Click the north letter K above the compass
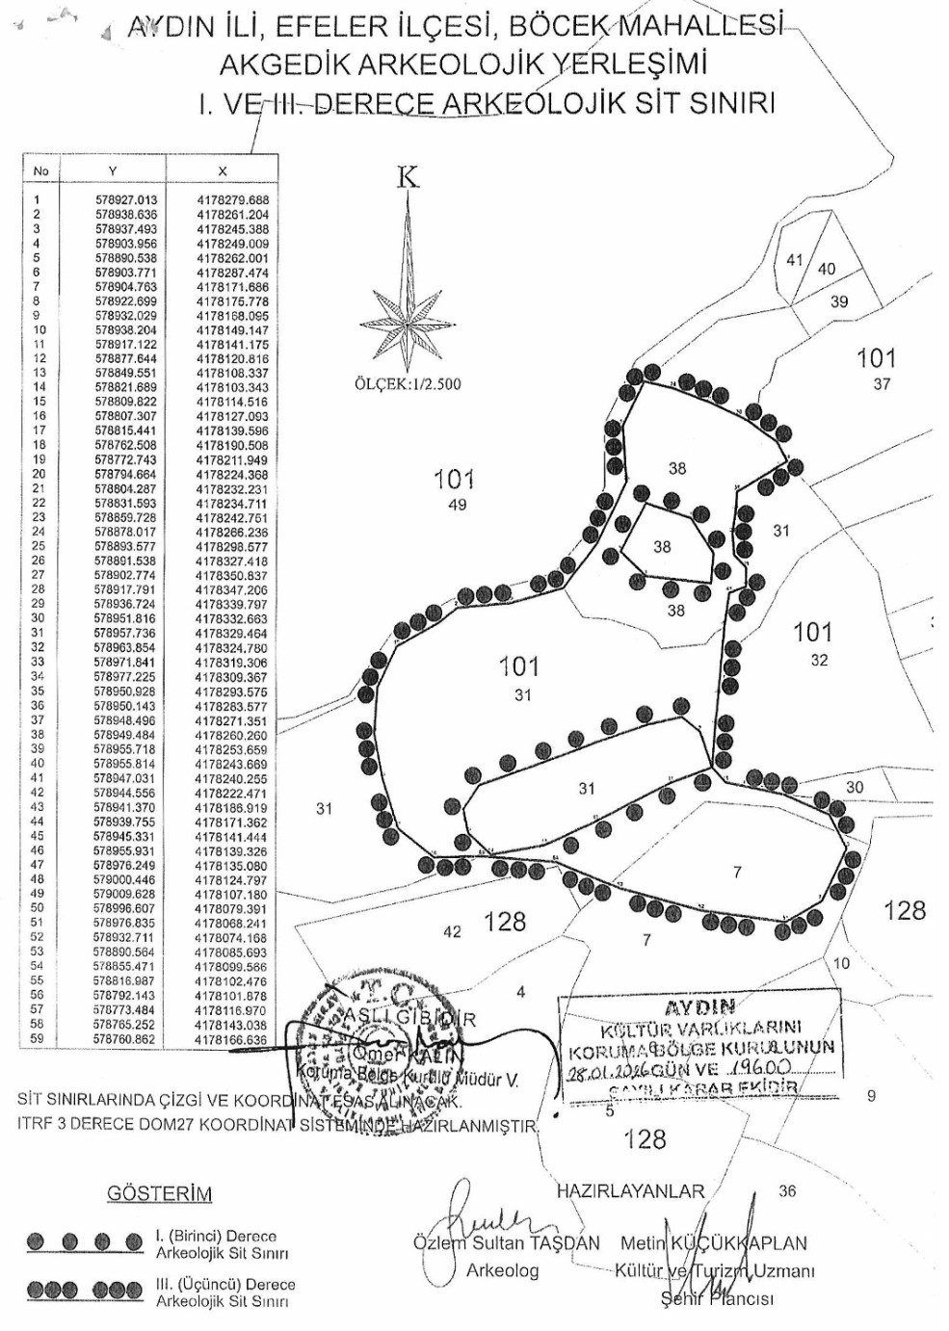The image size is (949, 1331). coord(409,177)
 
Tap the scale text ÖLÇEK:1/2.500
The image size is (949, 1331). coord(408,384)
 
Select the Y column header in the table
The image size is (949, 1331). coord(113,170)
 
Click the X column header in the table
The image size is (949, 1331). coord(223,170)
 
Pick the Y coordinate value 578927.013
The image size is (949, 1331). coord(126,200)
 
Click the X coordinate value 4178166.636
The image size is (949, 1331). coord(232,1040)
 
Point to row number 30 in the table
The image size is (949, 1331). coord(38,618)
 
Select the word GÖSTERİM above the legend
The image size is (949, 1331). coord(159,1194)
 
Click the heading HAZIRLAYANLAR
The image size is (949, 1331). coord(630,1191)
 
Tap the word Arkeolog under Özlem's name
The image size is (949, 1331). coord(502,1270)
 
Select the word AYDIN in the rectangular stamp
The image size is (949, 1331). coord(699,1007)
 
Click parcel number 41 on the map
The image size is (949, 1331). coord(794,259)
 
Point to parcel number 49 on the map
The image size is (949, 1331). coord(457,505)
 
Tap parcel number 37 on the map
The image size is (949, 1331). coord(882,384)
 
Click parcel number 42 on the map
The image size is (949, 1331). coord(452,931)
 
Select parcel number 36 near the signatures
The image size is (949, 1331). coord(787,1191)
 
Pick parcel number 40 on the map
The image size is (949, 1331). coord(827,270)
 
